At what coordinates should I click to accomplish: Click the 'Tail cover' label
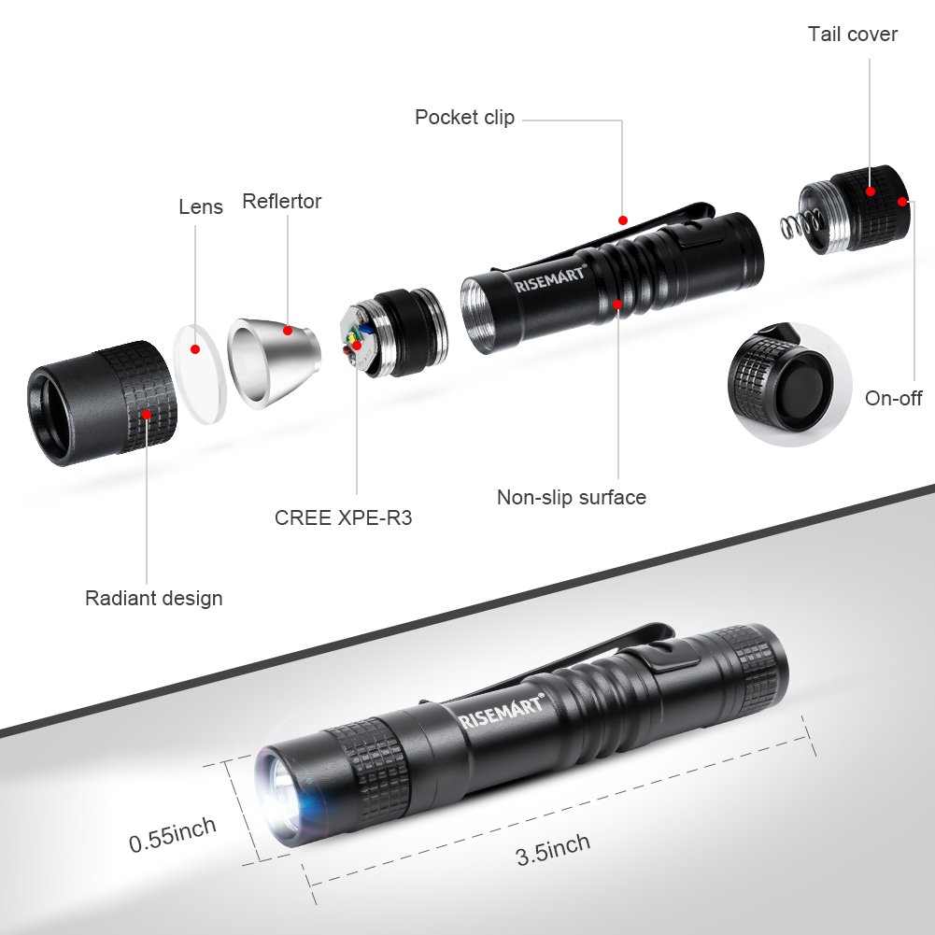tap(852, 35)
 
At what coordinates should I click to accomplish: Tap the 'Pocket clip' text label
tap(464, 118)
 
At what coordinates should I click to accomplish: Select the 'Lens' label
tap(201, 206)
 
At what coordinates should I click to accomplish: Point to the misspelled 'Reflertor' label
tap(281, 201)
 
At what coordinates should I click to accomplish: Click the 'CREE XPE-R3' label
tap(343, 517)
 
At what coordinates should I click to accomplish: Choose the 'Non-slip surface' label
tap(571, 497)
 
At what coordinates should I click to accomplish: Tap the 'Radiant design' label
tap(154, 598)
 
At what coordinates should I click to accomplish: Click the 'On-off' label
tap(893, 399)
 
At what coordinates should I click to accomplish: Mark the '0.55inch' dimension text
tap(173, 832)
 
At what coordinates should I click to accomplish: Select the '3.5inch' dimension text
tap(553, 849)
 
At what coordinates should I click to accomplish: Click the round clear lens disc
tap(201, 365)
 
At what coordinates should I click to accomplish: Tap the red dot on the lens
tap(195, 349)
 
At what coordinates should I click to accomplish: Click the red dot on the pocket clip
tap(623, 220)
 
